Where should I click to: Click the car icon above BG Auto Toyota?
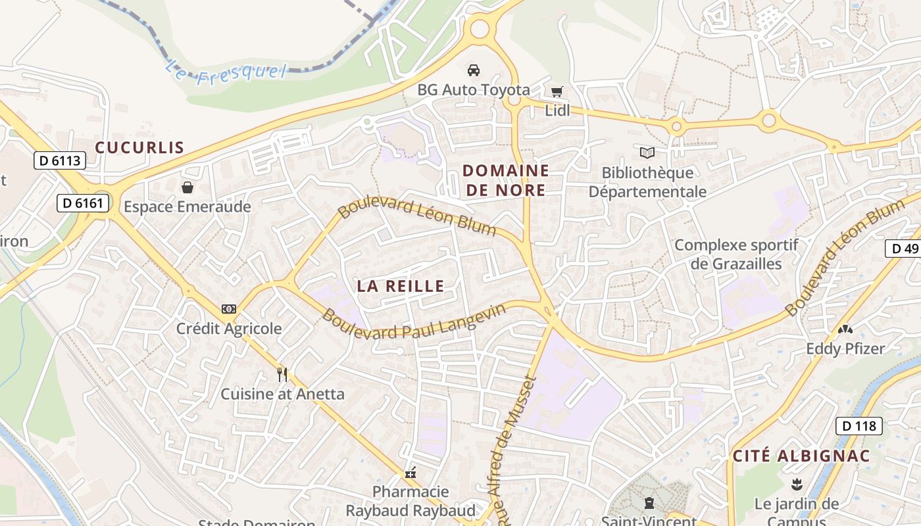point(473,70)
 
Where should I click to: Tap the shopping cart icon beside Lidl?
point(557,91)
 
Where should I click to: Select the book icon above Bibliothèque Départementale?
point(647,153)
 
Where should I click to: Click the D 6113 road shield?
point(60,160)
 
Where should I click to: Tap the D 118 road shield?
point(859,425)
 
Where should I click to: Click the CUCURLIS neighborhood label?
point(139,147)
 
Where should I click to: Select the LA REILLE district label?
point(401,285)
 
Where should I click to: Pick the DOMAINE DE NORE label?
point(505,180)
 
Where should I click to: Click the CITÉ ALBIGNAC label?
point(801,456)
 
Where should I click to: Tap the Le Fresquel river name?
point(226,70)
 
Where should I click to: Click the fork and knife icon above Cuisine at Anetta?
point(282,375)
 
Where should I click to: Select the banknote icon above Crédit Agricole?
point(229,308)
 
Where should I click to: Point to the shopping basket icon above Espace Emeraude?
point(187,187)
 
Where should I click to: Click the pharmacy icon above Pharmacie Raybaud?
point(411,472)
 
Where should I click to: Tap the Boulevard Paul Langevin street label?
point(414,322)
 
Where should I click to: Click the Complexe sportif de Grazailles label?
point(737,254)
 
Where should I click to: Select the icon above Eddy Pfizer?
point(845,329)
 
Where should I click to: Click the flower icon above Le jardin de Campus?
point(797,485)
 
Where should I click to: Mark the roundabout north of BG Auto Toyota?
point(480,28)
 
